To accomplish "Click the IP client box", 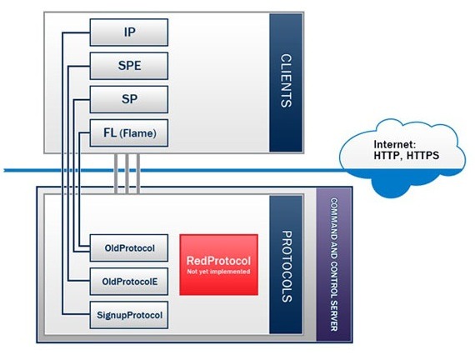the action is tap(129, 32).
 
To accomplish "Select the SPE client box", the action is tap(129, 66).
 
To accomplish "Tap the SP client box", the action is tap(129, 99).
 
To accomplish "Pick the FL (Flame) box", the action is tap(129, 133).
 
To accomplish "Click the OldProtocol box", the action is tap(129, 247).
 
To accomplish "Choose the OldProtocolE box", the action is tap(129, 282).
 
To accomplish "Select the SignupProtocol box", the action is tap(129, 315).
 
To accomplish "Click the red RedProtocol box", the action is tap(218, 264).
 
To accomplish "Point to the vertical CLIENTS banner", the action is tap(286, 82).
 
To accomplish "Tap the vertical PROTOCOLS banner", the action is tap(286, 264).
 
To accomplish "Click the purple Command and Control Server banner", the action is tap(334, 264).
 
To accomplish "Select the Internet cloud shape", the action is tap(402, 158).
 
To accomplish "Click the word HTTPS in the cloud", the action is tap(422, 156).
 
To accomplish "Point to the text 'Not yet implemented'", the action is tap(218, 272).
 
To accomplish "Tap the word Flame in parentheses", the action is tap(138, 133).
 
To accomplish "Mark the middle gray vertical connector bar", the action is tap(127, 173).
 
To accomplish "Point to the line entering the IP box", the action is tap(62, 173).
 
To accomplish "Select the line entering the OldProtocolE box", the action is tap(68, 173).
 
